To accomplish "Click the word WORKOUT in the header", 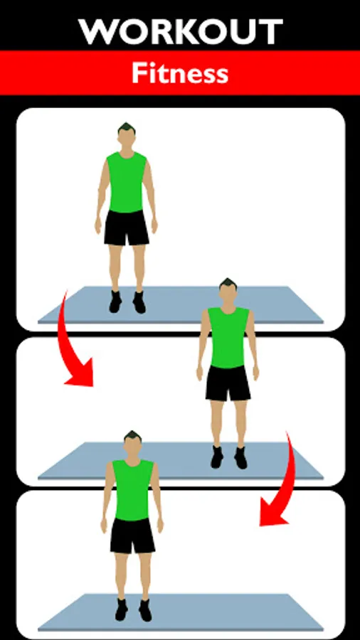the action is tap(181, 32).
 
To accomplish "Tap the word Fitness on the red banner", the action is tap(180, 74).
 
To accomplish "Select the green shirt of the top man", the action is tap(127, 182).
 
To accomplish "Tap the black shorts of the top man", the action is tap(127, 228).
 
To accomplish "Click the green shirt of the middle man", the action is tap(228, 337).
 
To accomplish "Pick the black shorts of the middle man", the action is tap(228, 383).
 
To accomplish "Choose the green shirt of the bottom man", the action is tap(132, 490).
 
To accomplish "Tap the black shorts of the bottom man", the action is tap(132, 535).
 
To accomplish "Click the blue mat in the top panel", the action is tap(181, 305).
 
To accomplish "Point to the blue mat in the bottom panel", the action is tap(181, 613).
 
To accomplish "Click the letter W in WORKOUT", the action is tap(98, 32).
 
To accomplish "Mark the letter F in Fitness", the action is tap(138, 73).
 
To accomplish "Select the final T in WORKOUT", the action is tap(271, 32).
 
